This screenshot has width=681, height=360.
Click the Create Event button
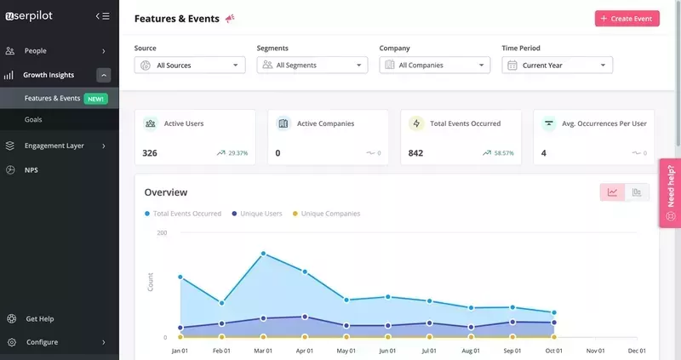(627, 18)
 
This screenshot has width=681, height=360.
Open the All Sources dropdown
(190, 65)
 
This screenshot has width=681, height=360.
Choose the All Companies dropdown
(435, 65)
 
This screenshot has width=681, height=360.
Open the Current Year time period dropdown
(558, 65)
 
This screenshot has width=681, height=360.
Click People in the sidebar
(36, 51)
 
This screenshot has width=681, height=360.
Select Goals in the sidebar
(33, 119)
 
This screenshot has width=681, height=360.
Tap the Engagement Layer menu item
(54, 146)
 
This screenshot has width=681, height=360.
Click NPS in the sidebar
(31, 170)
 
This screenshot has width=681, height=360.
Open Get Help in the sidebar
(39, 319)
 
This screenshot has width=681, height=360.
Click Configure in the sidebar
(42, 342)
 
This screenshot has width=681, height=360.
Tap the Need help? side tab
(670, 192)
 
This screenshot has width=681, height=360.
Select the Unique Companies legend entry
(330, 214)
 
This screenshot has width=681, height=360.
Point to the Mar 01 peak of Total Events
(263, 254)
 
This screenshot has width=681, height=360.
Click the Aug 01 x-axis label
(471, 351)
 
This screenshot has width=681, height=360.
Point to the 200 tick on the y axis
(162, 233)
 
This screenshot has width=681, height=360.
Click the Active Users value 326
(150, 153)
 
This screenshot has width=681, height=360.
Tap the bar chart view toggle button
(637, 192)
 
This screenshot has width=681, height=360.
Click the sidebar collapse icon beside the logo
(103, 16)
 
